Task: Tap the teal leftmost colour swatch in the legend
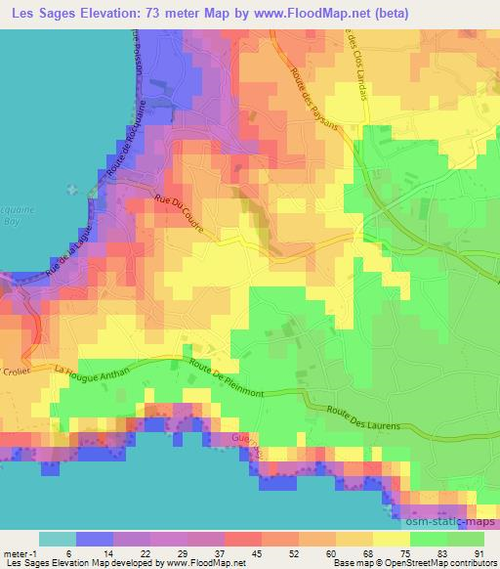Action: [x=58, y=539]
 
